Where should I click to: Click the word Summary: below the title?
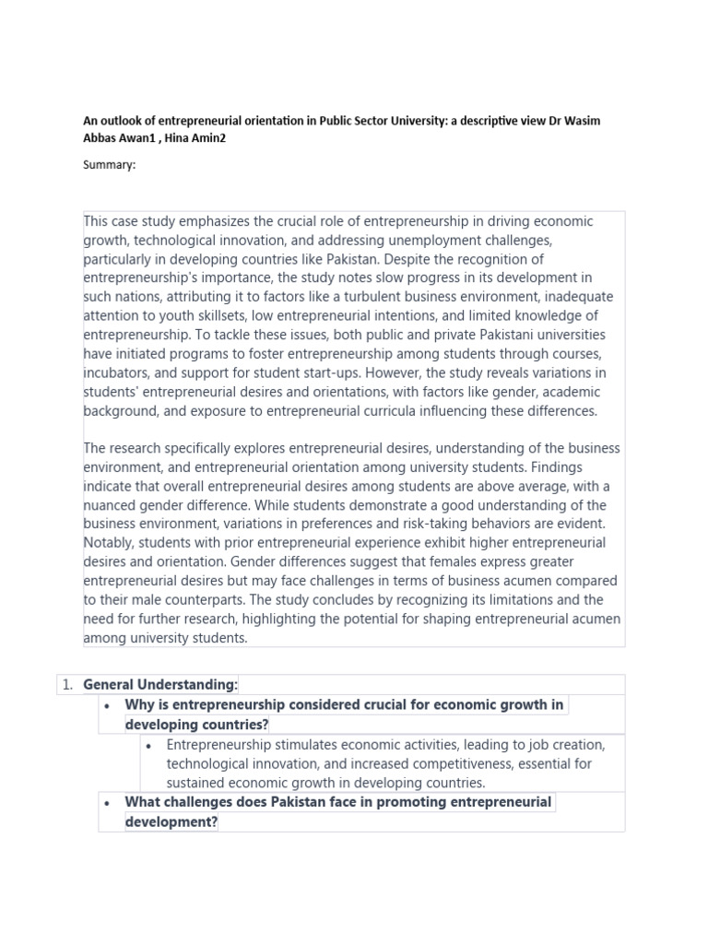tap(110, 165)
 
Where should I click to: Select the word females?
tap(408, 561)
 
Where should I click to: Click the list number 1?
tap(65, 684)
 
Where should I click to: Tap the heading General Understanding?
tap(160, 684)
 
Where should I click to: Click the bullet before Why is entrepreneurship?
tap(109, 705)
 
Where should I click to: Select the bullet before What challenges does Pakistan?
tap(109, 802)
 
